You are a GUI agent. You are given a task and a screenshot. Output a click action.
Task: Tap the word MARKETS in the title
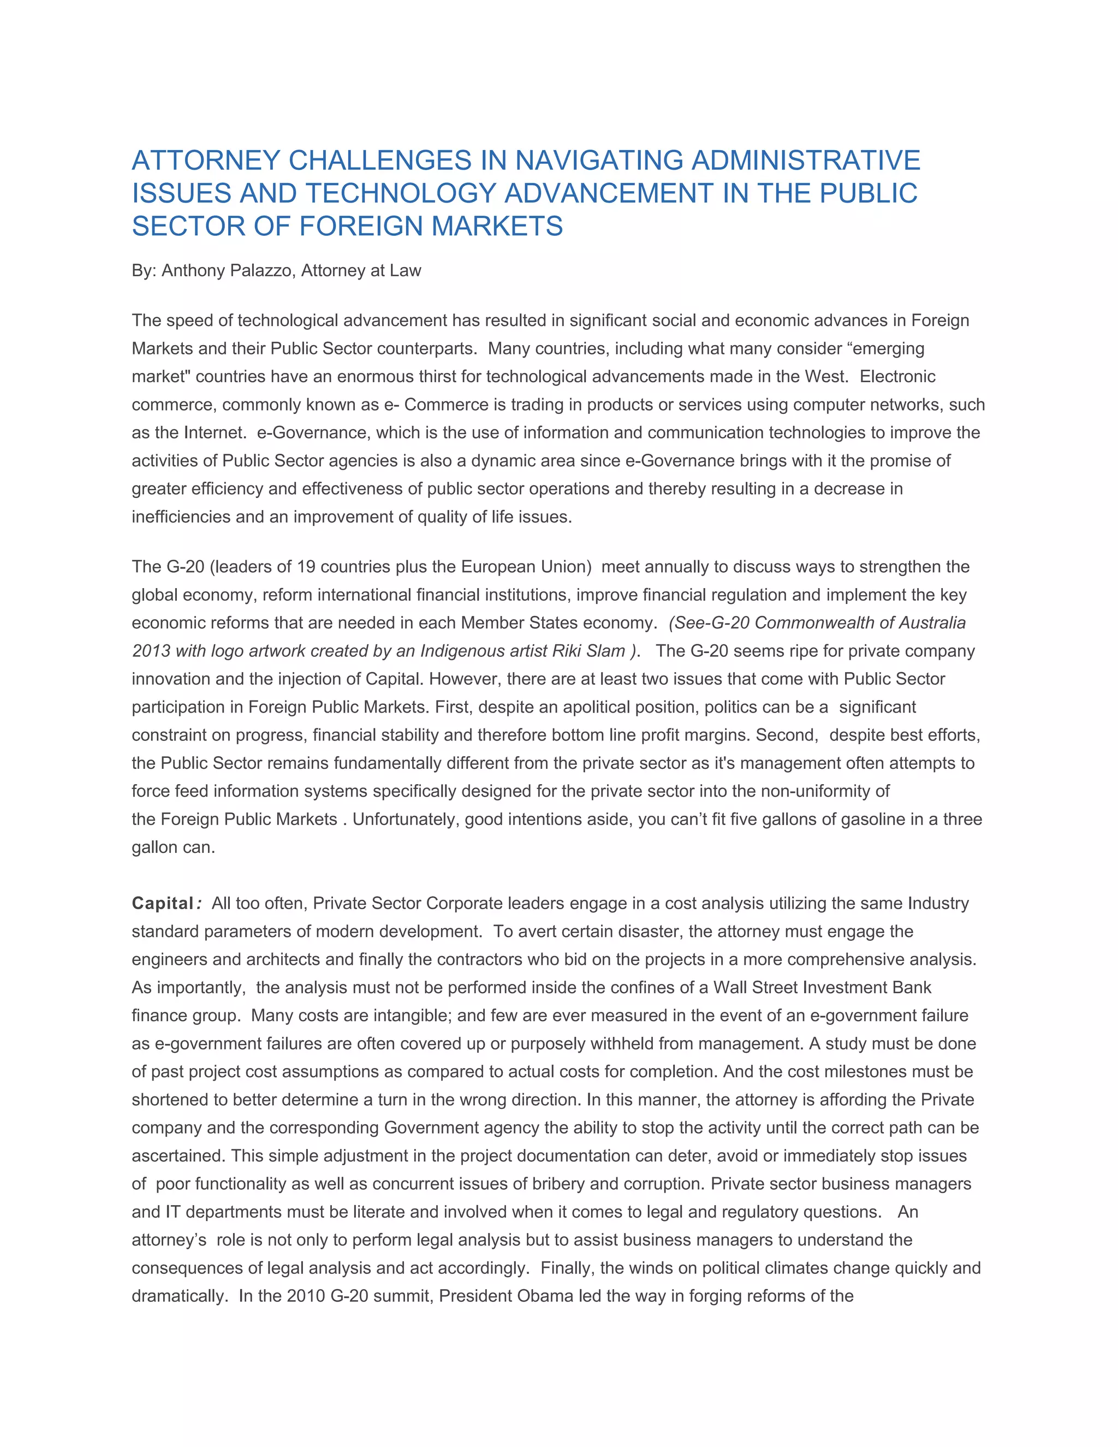click(497, 227)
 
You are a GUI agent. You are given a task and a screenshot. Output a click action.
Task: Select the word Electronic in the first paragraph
click(897, 376)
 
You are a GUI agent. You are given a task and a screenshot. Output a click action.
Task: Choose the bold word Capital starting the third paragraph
click(162, 903)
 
